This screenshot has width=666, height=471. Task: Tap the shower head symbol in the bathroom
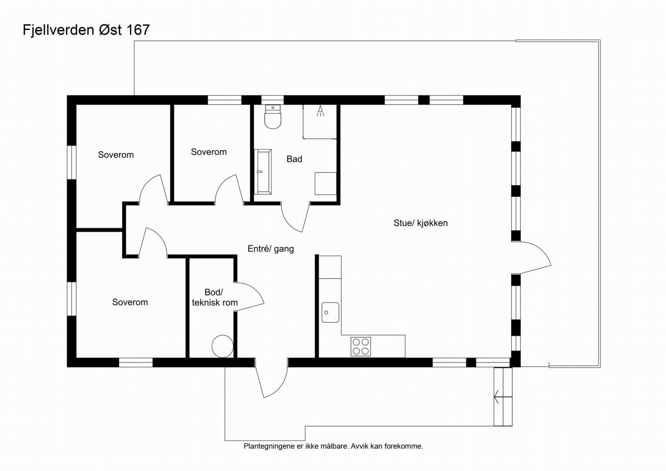320,111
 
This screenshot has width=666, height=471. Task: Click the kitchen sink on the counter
330,312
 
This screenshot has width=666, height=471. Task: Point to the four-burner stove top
360,346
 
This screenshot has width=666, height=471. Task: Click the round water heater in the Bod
222,346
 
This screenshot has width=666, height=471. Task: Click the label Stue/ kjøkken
420,223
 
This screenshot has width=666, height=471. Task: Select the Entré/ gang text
271,249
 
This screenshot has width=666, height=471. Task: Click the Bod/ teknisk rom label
215,298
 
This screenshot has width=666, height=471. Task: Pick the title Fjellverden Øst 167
86,30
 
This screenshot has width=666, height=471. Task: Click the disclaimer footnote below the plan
333,446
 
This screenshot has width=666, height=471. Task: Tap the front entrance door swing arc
273,381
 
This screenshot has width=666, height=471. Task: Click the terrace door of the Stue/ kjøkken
535,258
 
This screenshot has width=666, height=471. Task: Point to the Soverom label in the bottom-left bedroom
130,302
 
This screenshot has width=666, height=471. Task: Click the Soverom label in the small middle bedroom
209,152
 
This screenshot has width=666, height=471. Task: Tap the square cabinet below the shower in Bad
326,183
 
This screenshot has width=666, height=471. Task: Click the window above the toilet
272,100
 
